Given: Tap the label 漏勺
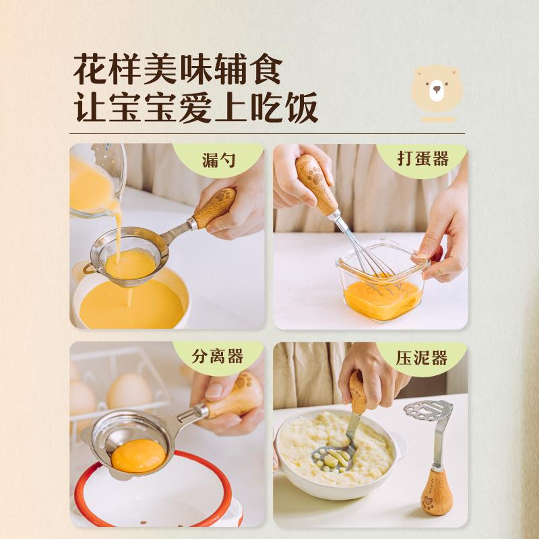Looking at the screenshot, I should [x=219, y=160].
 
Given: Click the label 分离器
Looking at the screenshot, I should [x=218, y=357].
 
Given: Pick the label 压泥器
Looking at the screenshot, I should [x=422, y=358].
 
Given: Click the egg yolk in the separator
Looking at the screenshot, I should [x=138, y=456].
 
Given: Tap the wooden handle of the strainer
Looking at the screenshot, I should [x=215, y=208].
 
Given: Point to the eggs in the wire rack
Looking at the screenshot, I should [x=128, y=391].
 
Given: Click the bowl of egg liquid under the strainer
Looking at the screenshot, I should [x=131, y=303].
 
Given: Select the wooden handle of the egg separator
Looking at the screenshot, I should [x=233, y=398].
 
